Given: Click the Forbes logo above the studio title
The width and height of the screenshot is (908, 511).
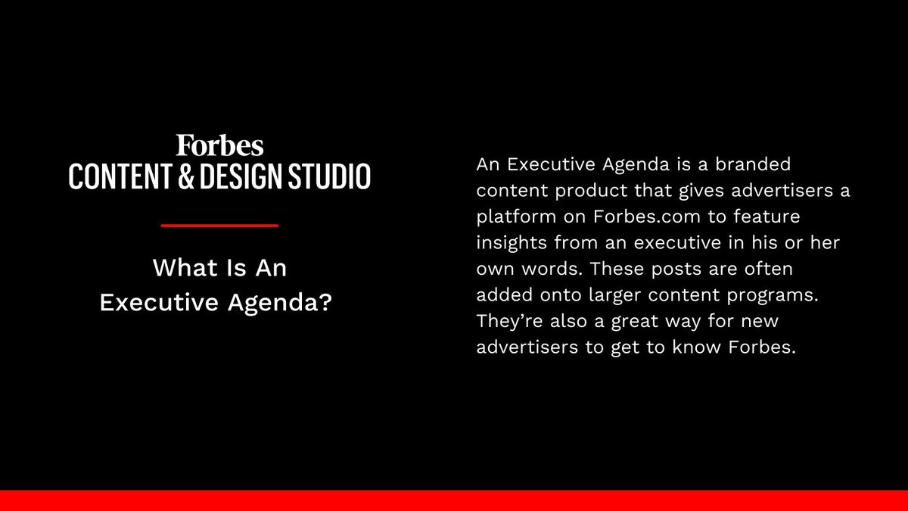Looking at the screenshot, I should point(219,145).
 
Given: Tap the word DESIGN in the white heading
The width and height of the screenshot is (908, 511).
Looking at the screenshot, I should point(243,175).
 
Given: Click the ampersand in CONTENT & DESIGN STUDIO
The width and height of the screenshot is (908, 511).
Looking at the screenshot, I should point(186,175).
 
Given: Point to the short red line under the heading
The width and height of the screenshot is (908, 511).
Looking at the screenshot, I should point(220,225).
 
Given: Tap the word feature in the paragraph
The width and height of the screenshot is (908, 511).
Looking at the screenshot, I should point(767,217).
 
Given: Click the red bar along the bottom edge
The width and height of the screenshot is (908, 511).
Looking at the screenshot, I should point(454,500).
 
